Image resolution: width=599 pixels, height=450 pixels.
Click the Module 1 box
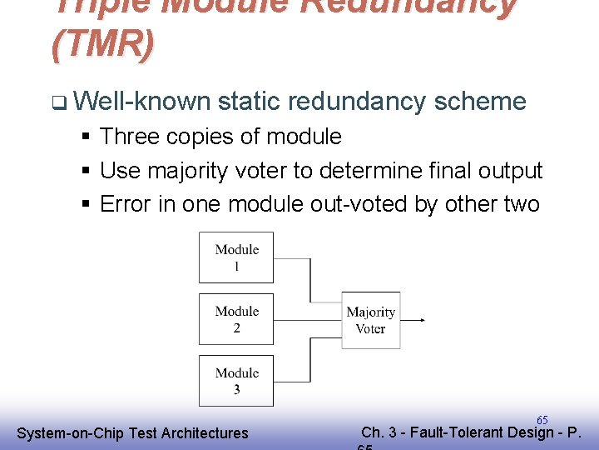tap(236, 257)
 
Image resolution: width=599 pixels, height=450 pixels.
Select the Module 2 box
tap(236, 318)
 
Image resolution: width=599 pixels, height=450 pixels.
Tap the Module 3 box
tap(236, 380)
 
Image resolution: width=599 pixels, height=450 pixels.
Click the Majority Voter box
tap(370, 320)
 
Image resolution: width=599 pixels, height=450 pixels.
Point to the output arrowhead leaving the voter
tap(422, 320)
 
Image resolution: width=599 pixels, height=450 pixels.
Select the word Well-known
tap(142, 102)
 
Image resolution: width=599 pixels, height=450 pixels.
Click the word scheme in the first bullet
tap(481, 102)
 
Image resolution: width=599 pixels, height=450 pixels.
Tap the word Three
tap(129, 137)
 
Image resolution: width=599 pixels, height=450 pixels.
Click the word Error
tap(126, 204)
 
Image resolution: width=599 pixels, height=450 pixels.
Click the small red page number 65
tap(542, 420)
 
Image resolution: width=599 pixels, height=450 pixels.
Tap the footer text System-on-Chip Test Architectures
tap(132, 433)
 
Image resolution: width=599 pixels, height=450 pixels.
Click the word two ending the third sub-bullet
tap(522, 204)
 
